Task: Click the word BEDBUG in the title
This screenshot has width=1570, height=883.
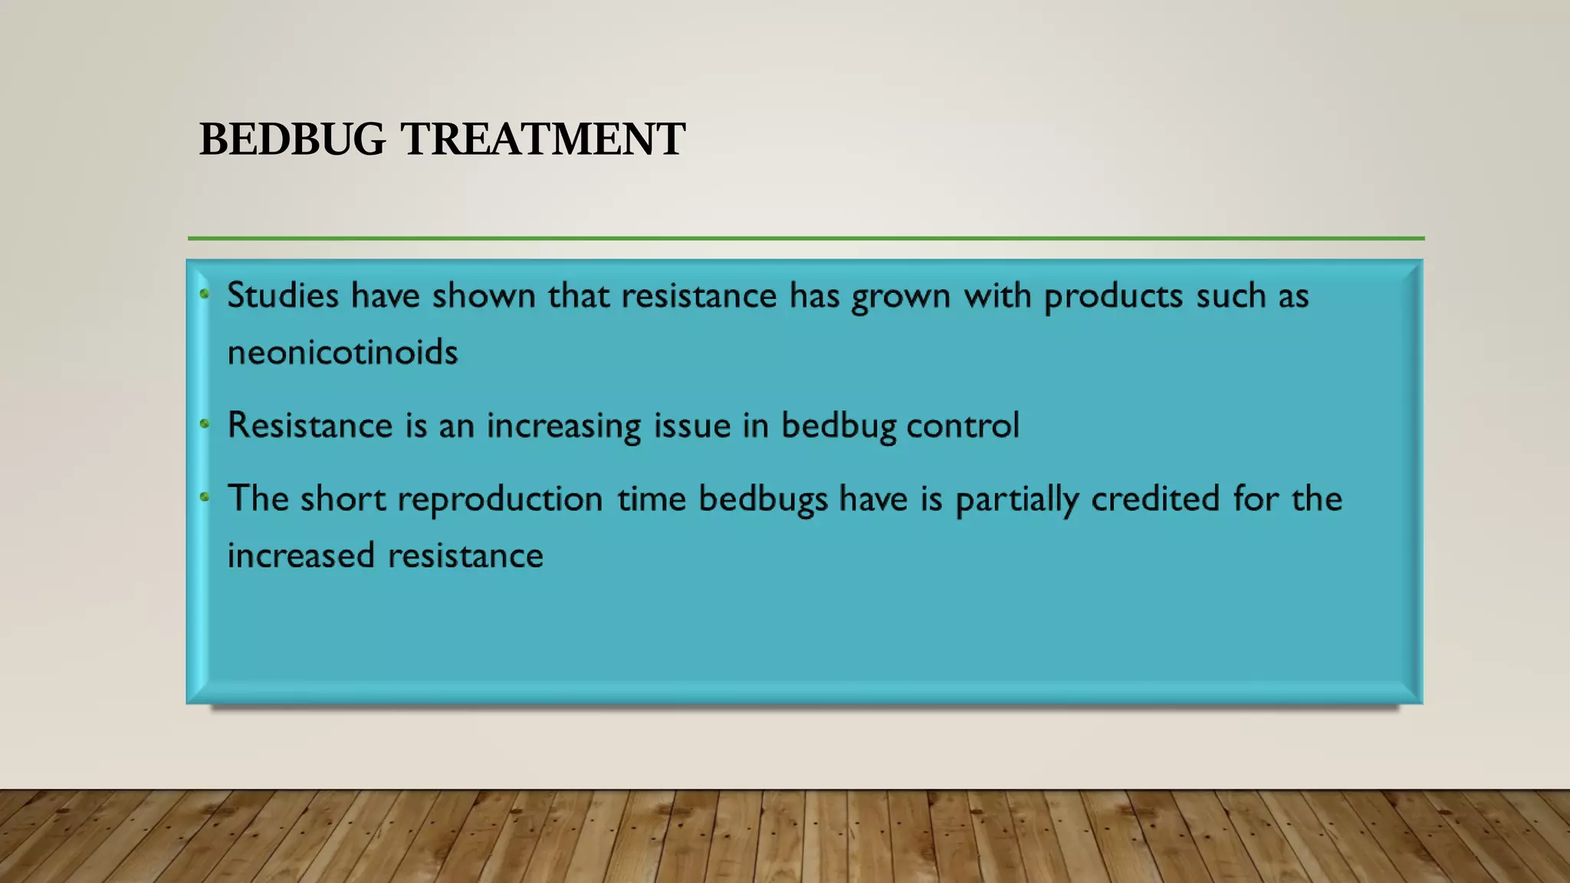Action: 292,140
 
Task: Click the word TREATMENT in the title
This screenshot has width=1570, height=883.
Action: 543,140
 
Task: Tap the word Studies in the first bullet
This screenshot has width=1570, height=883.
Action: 283,295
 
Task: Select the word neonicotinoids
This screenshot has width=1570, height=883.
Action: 343,353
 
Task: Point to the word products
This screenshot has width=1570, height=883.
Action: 1113,297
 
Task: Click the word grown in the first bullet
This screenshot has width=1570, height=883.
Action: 901,297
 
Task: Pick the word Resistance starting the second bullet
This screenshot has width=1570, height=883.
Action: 310,425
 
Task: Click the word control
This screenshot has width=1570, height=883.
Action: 963,425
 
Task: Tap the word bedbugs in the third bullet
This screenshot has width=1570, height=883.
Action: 763,500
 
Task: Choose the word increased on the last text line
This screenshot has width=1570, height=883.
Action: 301,556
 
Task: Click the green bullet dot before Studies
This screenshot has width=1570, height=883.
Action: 205,293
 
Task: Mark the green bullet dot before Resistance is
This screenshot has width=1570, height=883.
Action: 205,423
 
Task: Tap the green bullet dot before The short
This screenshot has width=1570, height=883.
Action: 205,497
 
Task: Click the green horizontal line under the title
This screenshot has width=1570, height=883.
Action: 805,238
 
